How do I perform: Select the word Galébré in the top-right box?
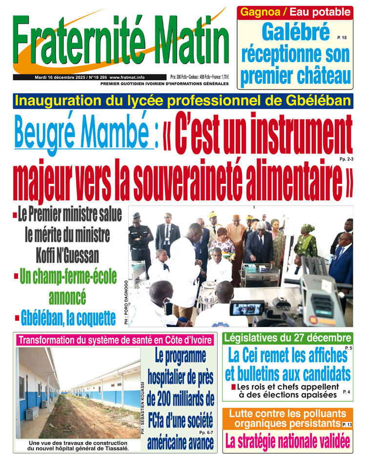pyautogui.click(x=296, y=33)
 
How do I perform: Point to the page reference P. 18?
pyautogui.click(x=341, y=38)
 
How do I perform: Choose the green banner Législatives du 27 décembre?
pyautogui.click(x=287, y=338)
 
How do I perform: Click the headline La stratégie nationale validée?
pyautogui.click(x=287, y=441)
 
